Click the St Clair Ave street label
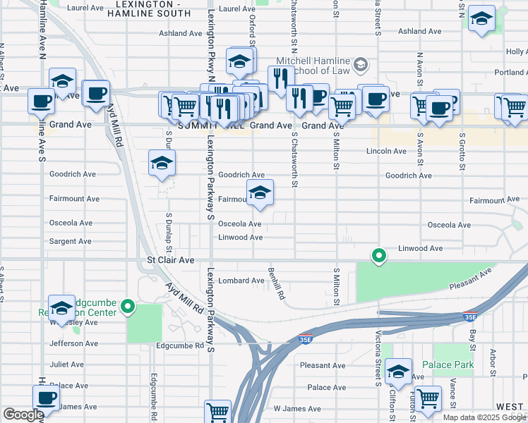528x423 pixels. click(170, 260)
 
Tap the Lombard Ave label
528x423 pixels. click(241, 281)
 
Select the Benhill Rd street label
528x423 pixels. click(275, 283)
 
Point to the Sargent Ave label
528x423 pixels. click(71, 241)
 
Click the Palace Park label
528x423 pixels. click(448, 364)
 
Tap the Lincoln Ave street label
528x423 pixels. click(386, 151)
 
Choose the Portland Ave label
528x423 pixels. click(509, 72)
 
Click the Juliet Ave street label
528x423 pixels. click(68, 365)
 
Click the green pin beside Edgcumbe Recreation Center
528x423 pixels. click(128, 306)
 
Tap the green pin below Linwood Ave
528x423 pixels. click(379, 255)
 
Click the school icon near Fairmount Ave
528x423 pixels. click(260, 193)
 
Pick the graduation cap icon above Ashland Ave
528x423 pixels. click(482, 20)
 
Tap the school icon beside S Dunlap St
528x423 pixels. click(162, 164)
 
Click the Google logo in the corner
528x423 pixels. click(23, 415)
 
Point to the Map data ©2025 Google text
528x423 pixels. click(484, 417)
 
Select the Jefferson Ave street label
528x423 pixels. click(73, 343)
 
